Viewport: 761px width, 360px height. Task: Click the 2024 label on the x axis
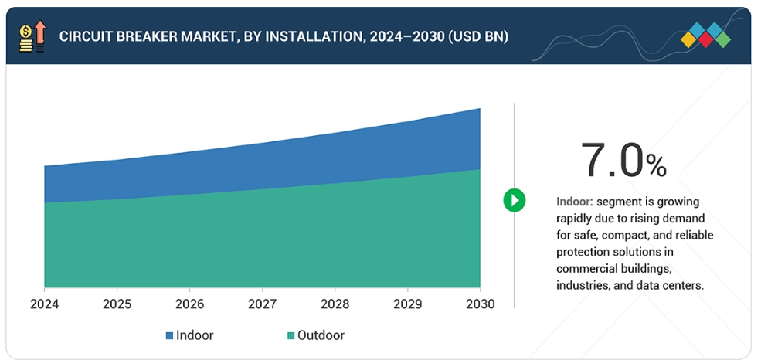pyautogui.click(x=45, y=304)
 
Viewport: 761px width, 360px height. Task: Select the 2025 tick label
pyautogui.click(x=117, y=304)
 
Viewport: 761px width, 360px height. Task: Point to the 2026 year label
pyautogui.click(x=190, y=304)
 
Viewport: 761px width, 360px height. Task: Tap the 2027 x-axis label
pyautogui.click(x=263, y=304)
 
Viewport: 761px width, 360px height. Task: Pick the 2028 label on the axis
pyautogui.click(x=335, y=304)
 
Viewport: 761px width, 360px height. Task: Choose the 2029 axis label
pyautogui.click(x=408, y=304)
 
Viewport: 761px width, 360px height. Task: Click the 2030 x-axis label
pyautogui.click(x=480, y=304)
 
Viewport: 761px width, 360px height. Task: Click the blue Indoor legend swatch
pyautogui.click(x=169, y=336)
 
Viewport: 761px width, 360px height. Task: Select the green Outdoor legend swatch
pyautogui.click(x=290, y=336)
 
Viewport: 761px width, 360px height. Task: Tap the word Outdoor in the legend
pyautogui.click(x=321, y=335)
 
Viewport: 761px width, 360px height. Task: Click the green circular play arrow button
pyautogui.click(x=515, y=200)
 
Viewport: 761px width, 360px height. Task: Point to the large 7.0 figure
pyautogui.click(x=612, y=160)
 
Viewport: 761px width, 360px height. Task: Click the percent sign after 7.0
pyautogui.click(x=657, y=165)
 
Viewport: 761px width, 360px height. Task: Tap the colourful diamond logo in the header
pyautogui.click(x=706, y=36)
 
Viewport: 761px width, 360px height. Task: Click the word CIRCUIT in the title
pyautogui.click(x=87, y=36)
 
